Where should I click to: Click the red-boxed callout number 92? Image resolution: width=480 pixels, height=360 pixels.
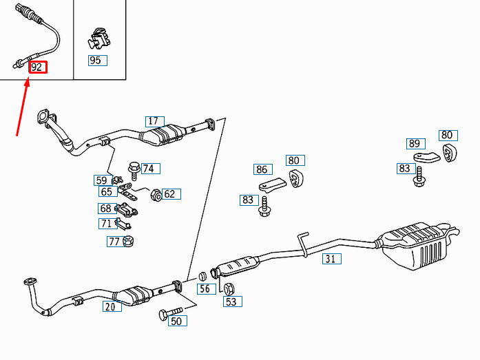pyautogui.click(x=38, y=67)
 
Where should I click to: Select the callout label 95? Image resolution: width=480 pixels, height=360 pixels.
pyautogui.click(x=98, y=61)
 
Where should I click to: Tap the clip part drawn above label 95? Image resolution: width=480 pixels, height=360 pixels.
pyautogui.click(x=99, y=39)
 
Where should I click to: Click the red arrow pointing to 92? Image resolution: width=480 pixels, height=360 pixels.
pyautogui.click(x=23, y=107)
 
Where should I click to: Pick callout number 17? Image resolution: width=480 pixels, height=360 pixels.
pyautogui.click(x=155, y=121)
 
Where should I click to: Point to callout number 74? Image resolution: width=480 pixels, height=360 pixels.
pyautogui.click(x=151, y=169)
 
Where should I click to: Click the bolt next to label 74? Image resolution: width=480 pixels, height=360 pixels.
pyautogui.click(x=134, y=171)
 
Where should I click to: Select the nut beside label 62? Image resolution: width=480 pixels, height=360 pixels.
pyautogui.click(x=156, y=195)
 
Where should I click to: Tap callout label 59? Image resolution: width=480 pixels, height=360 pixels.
pyautogui.click(x=103, y=180)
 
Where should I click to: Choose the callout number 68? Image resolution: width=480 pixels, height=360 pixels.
pyautogui.click(x=107, y=209)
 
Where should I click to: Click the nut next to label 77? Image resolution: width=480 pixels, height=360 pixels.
pyautogui.click(x=128, y=242)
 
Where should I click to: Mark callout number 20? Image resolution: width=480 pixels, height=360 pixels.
pyautogui.click(x=112, y=306)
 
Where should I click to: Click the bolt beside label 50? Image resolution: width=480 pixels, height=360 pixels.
pyautogui.click(x=170, y=313)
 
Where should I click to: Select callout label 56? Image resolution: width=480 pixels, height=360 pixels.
pyautogui.click(x=207, y=288)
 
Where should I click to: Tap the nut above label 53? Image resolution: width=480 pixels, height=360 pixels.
pyautogui.click(x=229, y=288)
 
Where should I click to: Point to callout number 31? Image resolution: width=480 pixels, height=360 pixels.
pyautogui.click(x=332, y=259)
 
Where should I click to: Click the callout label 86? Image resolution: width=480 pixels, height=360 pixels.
pyautogui.click(x=263, y=169)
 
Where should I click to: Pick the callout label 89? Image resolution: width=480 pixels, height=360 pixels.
pyautogui.click(x=416, y=144)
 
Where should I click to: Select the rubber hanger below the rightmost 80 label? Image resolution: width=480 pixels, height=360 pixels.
pyautogui.click(x=450, y=152)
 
